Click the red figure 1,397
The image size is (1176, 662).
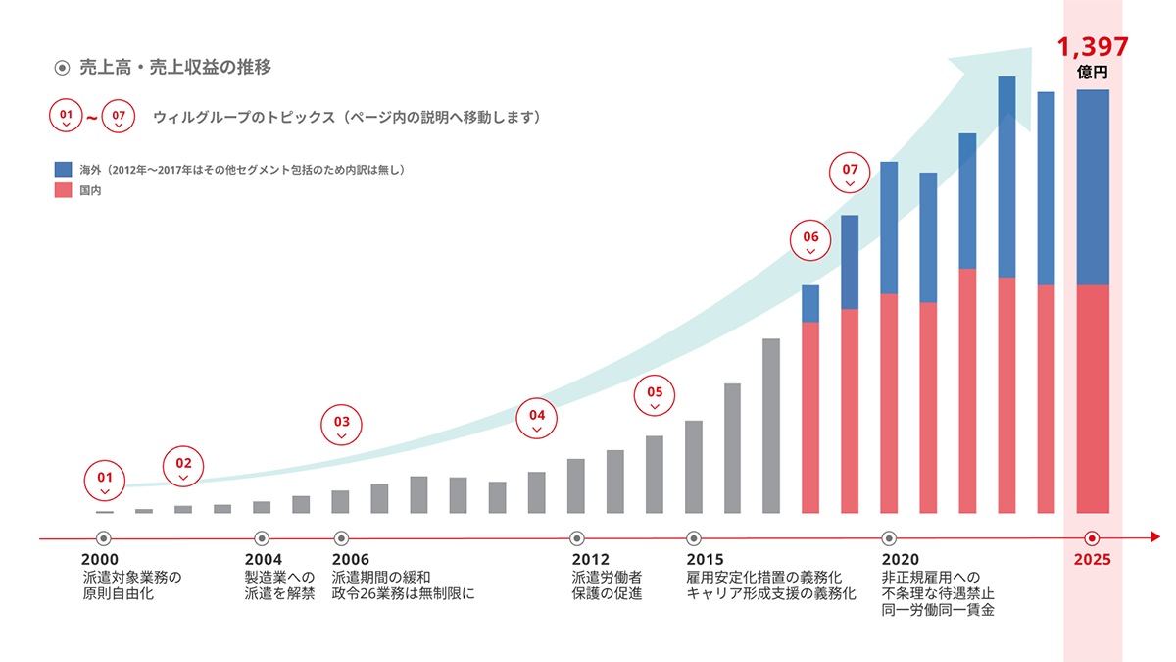click(1092, 46)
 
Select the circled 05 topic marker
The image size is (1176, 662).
click(655, 396)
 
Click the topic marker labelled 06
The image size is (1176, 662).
click(810, 241)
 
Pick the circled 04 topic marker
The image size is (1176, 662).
click(536, 419)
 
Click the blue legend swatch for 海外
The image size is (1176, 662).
click(64, 170)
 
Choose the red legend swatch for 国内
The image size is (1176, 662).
click(64, 190)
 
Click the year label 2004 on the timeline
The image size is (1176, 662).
click(263, 560)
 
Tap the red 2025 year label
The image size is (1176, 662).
click(1092, 560)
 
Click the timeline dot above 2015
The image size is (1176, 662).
click(694, 537)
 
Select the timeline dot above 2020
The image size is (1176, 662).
click(889, 537)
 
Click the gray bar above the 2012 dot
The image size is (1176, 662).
click(576, 485)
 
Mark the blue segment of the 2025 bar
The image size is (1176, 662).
click(1092, 186)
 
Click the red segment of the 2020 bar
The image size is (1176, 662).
click(889, 402)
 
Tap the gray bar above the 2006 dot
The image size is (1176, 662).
click(340, 501)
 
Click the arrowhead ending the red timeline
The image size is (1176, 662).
click(1154, 537)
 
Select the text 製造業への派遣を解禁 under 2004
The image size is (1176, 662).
click(279, 586)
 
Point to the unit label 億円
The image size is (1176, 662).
click(1092, 72)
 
